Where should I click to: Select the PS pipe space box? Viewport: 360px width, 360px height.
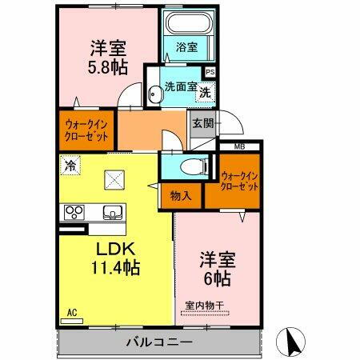tap(210, 72)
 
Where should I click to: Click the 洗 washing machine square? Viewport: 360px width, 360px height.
tap(205, 92)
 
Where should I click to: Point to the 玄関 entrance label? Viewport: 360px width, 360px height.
tap(202, 123)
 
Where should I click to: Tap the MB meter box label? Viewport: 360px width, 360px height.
tap(238, 146)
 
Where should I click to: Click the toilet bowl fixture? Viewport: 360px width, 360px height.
tap(188, 167)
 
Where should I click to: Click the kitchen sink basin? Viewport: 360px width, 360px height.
tap(112, 213)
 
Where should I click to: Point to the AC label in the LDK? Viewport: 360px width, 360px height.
tap(70, 312)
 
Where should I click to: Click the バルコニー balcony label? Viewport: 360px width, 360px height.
tap(158, 342)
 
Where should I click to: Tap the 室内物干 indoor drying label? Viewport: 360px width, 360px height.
tap(204, 305)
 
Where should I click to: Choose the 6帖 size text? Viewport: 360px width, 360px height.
tap(214, 279)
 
